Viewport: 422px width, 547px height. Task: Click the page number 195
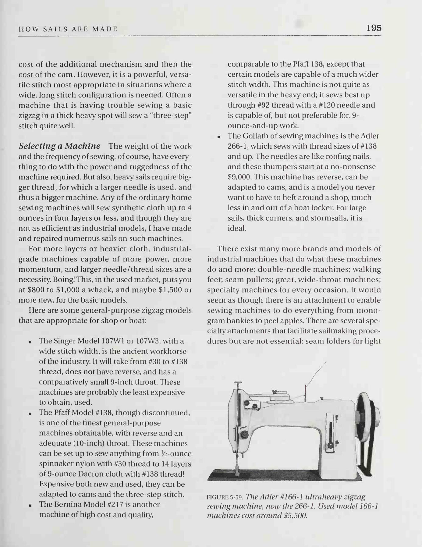[374, 28]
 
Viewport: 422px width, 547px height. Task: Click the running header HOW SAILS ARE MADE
[68, 30]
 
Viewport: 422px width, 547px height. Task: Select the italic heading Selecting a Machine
[59, 146]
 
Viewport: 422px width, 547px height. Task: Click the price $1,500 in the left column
[168, 290]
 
